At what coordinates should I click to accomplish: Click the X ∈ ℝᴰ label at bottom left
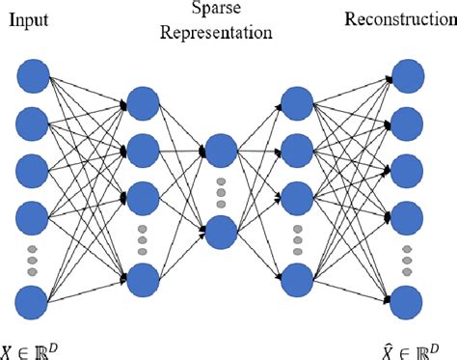[36, 348]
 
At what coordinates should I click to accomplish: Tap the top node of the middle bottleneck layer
[220, 150]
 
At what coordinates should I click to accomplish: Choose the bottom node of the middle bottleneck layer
[220, 232]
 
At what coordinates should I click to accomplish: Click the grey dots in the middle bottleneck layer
[220, 191]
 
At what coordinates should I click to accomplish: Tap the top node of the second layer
[143, 103]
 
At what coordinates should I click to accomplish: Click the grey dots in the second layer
[143, 235]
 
